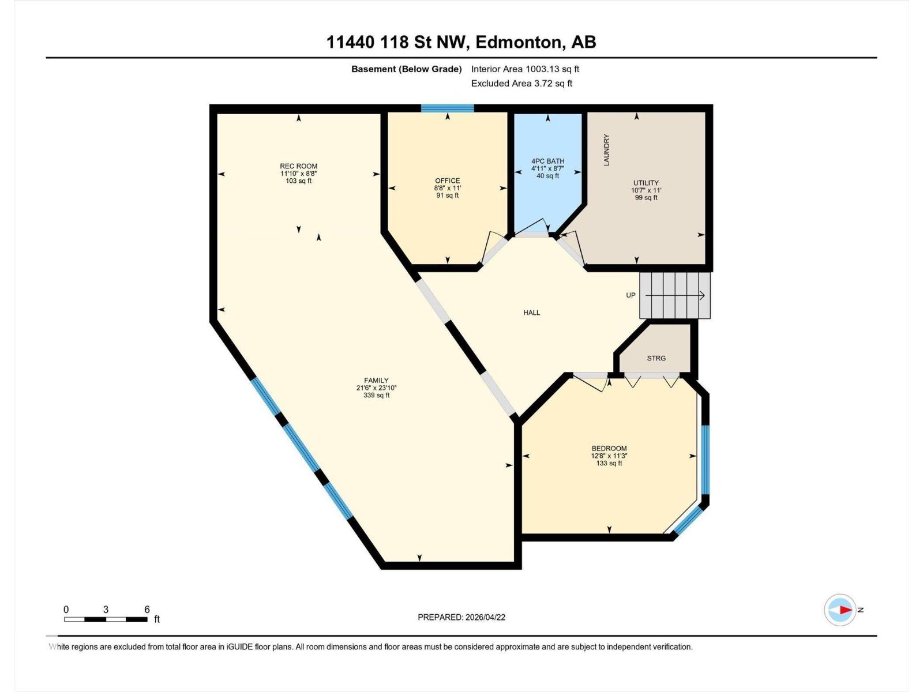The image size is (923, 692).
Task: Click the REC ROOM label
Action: tap(298, 166)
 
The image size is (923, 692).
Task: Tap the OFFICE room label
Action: tap(448, 180)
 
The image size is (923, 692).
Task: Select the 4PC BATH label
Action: tap(547, 161)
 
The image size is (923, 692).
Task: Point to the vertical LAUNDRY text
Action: tap(606, 150)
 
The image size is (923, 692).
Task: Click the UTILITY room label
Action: tap(646, 183)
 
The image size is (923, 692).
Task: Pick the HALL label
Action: tap(531, 313)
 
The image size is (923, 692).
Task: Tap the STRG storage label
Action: tap(656, 358)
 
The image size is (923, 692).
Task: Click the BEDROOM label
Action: tap(609, 448)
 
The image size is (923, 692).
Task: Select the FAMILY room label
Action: tap(376, 381)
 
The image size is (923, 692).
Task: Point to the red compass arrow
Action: tap(845, 610)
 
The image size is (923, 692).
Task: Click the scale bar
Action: tap(106, 619)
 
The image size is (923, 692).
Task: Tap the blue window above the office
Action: tap(447, 108)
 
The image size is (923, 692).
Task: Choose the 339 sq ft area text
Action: tap(376, 396)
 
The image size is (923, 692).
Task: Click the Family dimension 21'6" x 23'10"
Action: tap(376, 388)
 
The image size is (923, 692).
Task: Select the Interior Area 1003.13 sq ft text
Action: tap(525, 69)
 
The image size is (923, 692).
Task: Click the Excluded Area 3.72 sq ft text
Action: tap(521, 84)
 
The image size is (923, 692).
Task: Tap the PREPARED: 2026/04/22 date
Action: tap(461, 617)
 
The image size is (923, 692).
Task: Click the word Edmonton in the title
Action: tap(519, 42)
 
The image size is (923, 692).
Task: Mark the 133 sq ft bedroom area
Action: tap(609, 463)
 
